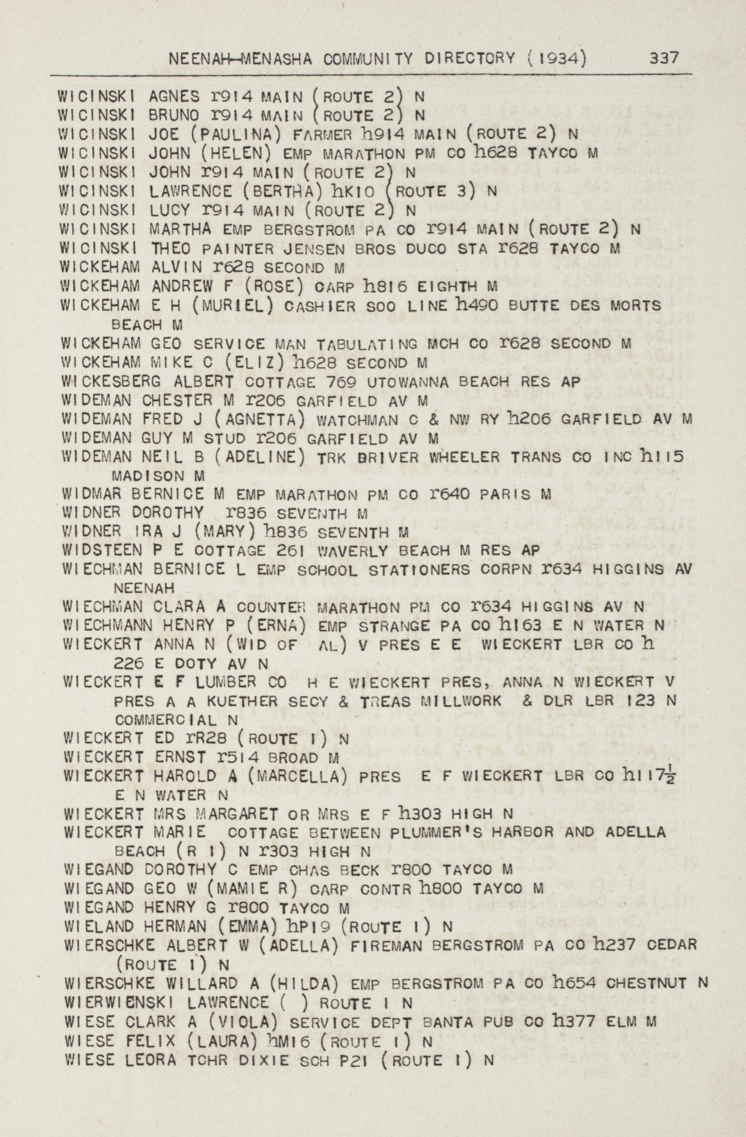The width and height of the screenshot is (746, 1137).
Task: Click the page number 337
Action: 664,58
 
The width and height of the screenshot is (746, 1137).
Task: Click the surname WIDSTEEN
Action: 102,551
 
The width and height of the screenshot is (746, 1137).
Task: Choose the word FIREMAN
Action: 386,946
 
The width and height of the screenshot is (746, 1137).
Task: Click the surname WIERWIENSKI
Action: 121,1003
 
